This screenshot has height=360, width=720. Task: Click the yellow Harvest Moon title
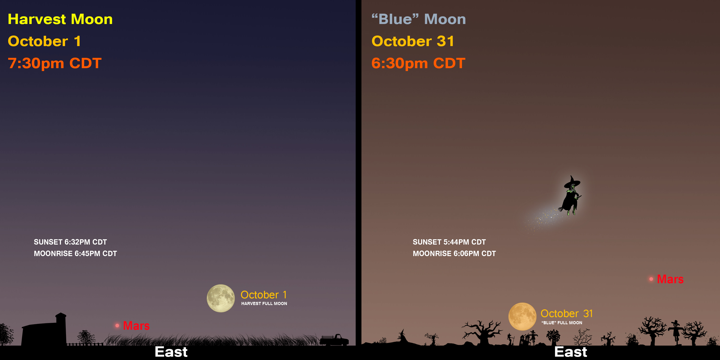(x=60, y=19)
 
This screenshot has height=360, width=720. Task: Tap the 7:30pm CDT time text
(x=54, y=63)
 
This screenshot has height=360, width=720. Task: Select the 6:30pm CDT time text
(x=418, y=63)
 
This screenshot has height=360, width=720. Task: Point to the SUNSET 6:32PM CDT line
(x=70, y=242)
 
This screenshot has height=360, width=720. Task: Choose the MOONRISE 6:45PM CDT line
(x=75, y=253)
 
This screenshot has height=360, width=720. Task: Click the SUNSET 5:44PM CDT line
(x=449, y=242)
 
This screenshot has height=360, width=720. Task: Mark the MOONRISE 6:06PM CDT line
(x=454, y=253)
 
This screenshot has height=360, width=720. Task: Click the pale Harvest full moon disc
(x=221, y=298)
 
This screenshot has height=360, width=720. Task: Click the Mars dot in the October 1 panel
(x=117, y=325)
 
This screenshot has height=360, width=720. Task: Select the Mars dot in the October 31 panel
(x=651, y=279)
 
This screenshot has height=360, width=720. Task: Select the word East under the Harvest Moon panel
(x=171, y=352)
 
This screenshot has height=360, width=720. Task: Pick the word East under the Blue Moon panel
(x=571, y=352)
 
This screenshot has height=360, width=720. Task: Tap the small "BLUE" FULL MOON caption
(x=562, y=323)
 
